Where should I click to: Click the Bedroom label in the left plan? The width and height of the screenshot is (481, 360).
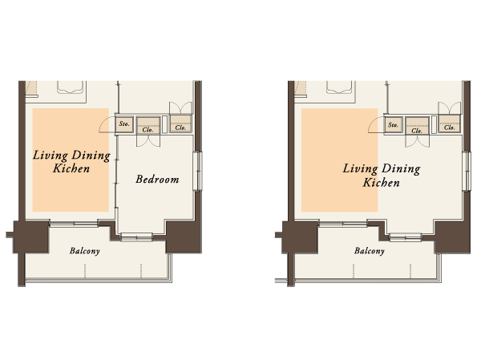pyautogui.click(x=156, y=180)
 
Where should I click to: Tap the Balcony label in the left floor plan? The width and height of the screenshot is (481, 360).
pyautogui.click(x=84, y=251)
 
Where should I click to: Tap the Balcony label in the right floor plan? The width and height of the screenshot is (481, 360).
pyautogui.click(x=369, y=251)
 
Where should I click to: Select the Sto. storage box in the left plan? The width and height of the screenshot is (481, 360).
pyautogui.click(x=124, y=125)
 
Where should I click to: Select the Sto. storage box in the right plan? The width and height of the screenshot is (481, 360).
pyautogui.click(x=393, y=125)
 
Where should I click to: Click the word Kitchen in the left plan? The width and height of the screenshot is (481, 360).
pyautogui.click(x=71, y=170)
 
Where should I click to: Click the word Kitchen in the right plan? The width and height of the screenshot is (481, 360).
pyautogui.click(x=382, y=183)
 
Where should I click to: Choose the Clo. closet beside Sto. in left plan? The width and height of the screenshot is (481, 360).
pyautogui.click(x=148, y=125)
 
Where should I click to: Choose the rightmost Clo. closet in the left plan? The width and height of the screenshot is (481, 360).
pyautogui.click(x=180, y=125)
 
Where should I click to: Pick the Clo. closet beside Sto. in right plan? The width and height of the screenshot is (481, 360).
pyautogui.click(x=417, y=125)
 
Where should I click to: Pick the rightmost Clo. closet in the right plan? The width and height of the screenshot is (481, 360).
pyautogui.click(x=450, y=125)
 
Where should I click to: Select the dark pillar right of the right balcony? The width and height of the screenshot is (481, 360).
pyautogui.click(x=451, y=235)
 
